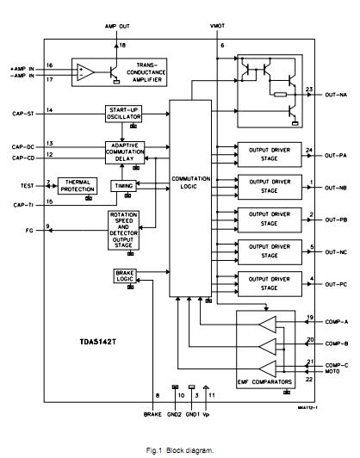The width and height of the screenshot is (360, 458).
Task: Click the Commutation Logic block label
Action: (x=191, y=183)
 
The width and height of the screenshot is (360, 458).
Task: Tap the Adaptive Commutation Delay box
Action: (x=125, y=151)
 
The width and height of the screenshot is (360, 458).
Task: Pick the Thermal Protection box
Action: (x=77, y=186)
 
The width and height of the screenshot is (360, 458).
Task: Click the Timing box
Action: (x=124, y=185)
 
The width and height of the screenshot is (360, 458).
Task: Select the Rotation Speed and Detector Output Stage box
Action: (x=125, y=228)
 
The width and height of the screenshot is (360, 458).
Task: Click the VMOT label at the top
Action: (x=219, y=27)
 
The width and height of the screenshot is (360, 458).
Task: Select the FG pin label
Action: (x=30, y=227)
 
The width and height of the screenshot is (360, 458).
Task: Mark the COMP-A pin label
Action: (x=337, y=321)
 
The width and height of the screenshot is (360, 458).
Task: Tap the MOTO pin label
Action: (x=335, y=372)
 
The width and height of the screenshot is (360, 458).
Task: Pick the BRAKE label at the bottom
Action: (x=152, y=414)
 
